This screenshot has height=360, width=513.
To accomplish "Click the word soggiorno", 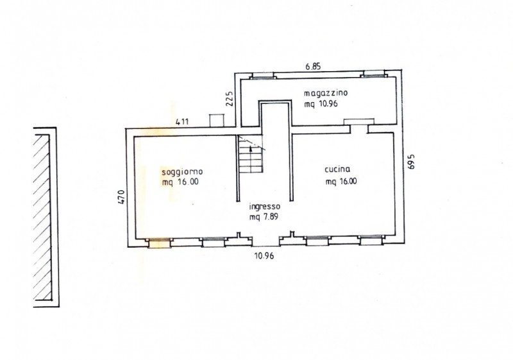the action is coord(182,172).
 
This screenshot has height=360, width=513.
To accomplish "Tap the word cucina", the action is coord(337,169).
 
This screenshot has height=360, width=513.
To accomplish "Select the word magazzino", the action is coord(326,93).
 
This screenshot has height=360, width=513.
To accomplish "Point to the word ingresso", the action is coord(265,207).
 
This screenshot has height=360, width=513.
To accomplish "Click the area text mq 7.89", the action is coord(264,217).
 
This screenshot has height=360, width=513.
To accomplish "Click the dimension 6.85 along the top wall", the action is coord(313,67).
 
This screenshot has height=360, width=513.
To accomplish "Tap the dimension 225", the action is coord(230,98).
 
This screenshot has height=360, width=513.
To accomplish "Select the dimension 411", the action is coord(182,122).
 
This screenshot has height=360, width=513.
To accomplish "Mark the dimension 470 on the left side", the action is coord(121,197).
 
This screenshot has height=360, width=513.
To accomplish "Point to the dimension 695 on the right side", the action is coord(411,161).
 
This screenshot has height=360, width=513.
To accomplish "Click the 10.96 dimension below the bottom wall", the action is coord(264,255).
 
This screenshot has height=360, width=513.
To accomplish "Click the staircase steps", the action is coord(251,155).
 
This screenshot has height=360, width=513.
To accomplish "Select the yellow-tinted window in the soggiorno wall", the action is coord(159,243).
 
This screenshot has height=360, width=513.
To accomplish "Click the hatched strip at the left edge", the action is coord(43,218).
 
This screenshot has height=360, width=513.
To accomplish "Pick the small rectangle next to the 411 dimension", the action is coord(217,121).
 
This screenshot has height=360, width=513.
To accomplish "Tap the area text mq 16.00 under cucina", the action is coord(341,182).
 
